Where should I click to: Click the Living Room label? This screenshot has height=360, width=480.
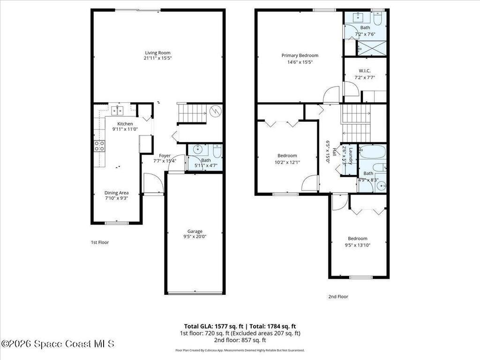[157, 53]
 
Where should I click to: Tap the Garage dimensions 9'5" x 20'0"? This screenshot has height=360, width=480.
[195, 237]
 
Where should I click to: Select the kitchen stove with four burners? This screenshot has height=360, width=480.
[99, 146]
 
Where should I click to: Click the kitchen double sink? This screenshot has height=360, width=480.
[117, 111]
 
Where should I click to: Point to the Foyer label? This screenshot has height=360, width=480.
[165, 156]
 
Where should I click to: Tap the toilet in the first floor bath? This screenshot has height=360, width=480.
[217, 151]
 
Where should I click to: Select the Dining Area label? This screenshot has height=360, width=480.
[116, 193]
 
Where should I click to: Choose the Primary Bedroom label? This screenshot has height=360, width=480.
[300, 55]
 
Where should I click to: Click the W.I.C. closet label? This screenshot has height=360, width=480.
[365, 71]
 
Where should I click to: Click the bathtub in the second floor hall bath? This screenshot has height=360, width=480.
[372, 152]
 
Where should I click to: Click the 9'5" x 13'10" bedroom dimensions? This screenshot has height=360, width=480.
[358, 245]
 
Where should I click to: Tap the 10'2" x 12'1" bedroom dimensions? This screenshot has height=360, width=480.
[287, 162]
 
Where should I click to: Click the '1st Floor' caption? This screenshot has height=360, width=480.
[99, 242]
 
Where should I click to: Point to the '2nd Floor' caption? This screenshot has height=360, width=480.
[337, 296]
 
